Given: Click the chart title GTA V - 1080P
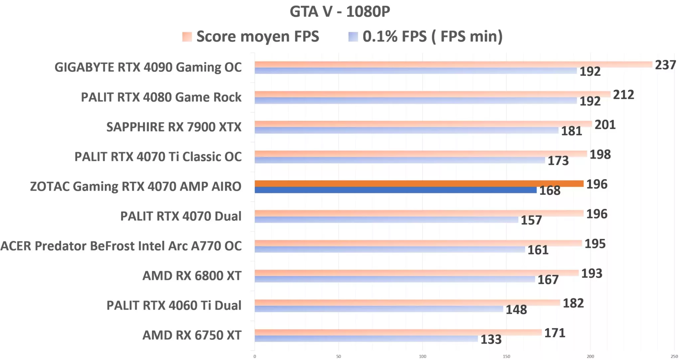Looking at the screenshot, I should click(340, 12).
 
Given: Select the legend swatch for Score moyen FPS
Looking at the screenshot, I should click(187, 37).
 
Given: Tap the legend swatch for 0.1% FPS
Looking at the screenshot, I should click(353, 37).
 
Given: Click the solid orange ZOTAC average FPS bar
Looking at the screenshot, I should click(419, 184).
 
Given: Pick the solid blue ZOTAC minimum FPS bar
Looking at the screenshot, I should click(396, 190).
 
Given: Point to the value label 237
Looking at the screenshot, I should click(665, 65).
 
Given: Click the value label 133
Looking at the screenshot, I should click(491, 340).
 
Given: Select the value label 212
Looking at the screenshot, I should click(623, 95).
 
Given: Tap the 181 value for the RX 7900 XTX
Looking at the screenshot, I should click(571, 131).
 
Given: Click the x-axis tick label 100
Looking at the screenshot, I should click(422, 356).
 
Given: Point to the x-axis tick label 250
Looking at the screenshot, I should click(674, 356).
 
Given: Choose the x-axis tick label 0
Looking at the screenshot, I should click(255, 356).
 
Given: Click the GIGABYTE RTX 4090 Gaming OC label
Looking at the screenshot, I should click(148, 67).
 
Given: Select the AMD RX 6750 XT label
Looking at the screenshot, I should click(192, 335).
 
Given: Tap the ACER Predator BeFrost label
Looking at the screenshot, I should click(121, 246).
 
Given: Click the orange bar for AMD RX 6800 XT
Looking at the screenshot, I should click(417, 273).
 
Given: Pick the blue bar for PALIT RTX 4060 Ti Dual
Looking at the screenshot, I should click(379, 309).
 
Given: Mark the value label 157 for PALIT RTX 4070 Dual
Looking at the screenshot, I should click(531, 220).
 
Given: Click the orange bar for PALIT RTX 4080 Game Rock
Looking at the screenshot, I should click(432, 94).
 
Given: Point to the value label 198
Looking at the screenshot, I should click(600, 154).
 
